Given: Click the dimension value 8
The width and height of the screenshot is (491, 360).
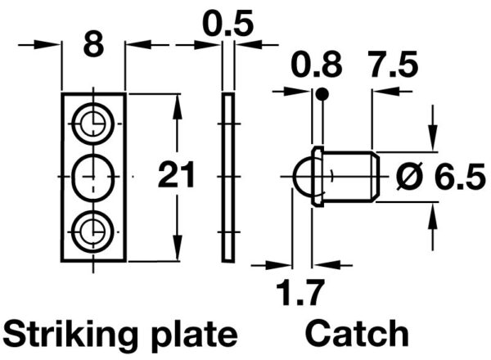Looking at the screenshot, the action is pos(93,45).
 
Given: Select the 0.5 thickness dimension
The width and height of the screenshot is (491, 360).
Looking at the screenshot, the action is pos(227,23).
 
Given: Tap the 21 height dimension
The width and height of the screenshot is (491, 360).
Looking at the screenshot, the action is pos(177,174).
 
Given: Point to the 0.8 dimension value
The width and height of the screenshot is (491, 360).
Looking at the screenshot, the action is pos(317,65).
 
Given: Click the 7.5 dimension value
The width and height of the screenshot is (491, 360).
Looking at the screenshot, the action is pos(393,65).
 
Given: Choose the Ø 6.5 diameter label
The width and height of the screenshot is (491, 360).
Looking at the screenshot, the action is pos(441,177).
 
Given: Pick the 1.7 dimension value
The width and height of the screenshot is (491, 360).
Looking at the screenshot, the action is pos(299,293).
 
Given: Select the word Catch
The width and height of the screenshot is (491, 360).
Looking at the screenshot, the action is pos(357,332).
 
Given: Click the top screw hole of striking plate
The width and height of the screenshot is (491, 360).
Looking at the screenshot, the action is pos(93,124).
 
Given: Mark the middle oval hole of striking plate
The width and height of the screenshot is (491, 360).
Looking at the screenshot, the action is pos(93,177).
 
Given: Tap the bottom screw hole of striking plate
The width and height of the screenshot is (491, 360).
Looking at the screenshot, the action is pos(93,232).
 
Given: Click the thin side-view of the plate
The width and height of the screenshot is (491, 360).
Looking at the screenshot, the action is pos(228,178).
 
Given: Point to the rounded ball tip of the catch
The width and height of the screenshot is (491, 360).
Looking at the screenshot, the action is pos(303,177).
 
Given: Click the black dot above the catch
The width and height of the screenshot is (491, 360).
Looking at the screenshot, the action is pos(322,94).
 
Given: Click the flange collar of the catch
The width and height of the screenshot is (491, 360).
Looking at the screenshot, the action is pos(318,177).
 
